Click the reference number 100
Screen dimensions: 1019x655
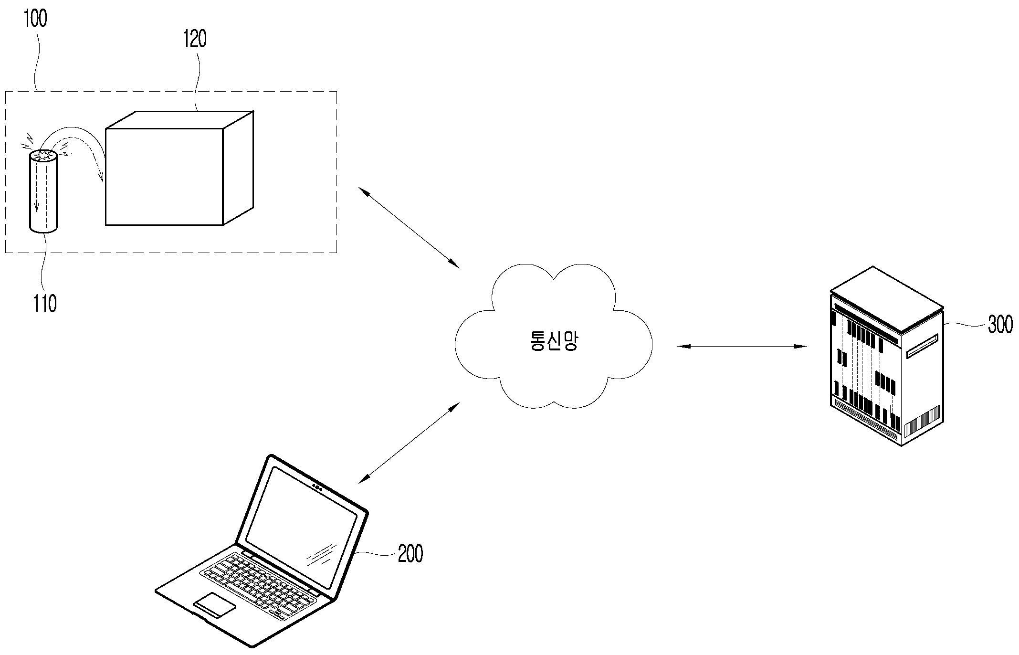[x=36, y=19]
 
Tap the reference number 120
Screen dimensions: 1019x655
[x=195, y=39]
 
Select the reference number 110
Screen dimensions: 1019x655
[x=45, y=304]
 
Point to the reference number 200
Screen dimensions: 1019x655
[x=410, y=554]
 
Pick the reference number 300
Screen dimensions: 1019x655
[x=1000, y=325]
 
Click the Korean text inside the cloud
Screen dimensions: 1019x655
[x=554, y=341]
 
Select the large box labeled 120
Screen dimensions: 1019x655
[x=179, y=168]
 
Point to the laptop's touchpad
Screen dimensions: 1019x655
[x=215, y=605]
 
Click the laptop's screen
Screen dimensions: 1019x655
[x=302, y=527]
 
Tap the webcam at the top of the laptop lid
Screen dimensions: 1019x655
[x=317, y=487]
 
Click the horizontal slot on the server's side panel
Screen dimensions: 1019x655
[x=922, y=346]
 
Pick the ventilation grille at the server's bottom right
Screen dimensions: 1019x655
[x=922, y=421]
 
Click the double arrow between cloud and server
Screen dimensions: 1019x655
[x=742, y=346]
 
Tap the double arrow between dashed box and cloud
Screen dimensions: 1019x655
[x=409, y=227]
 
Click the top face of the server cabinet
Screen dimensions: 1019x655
[x=887, y=299]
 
